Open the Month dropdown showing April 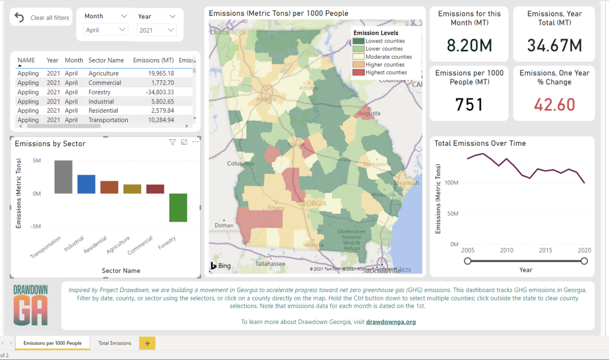pyautogui.click(x=106, y=30)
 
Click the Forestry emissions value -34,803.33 pyautogui.click(x=153, y=92)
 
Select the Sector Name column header pyautogui.click(x=106, y=60)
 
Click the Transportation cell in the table pyautogui.click(x=108, y=120)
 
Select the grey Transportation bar pyautogui.click(x=63, y=177)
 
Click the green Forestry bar pyautogui.click(x=178, y=207)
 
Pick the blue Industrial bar pyautogui.click(x=86, y=184)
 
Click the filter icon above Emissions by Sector pyautogui.click(x=172, y=143)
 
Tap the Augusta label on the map pyautogui.click(x=368, y=114)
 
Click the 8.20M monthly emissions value pyautogui.click(x=469, y=46)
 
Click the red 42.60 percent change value pyautogui.click(x=554, y=105)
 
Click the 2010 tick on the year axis pyautogui.click(x=506, y=250)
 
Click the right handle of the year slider pyautogui.click(x=584, y=261)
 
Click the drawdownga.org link pyautogui.click(x=391, y=322)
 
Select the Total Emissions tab pyautogui.click(x=115, y=343)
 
